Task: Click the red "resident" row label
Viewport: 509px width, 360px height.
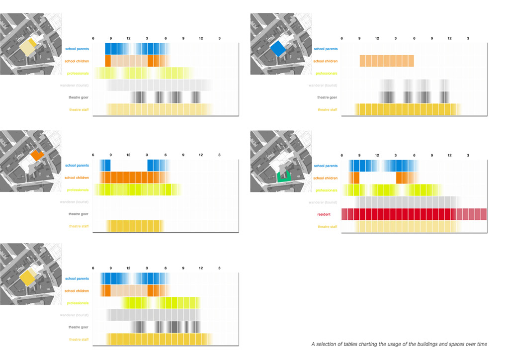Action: (324, 215)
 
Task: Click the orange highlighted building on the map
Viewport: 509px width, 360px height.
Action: (37, 155)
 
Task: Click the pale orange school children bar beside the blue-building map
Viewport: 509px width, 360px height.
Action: (387, 61)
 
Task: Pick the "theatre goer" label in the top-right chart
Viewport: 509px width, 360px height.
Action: (327, 97)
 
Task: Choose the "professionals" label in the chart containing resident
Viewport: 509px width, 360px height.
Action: (326, 190)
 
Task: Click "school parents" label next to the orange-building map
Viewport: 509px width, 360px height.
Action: (77, 166)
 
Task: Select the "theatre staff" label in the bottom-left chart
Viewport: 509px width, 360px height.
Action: (79, 340)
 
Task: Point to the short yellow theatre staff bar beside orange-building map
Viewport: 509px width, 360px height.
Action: (135, 227)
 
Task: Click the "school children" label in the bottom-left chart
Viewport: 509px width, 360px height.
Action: (77, 291)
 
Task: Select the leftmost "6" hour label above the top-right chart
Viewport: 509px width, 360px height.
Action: (341, 38)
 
